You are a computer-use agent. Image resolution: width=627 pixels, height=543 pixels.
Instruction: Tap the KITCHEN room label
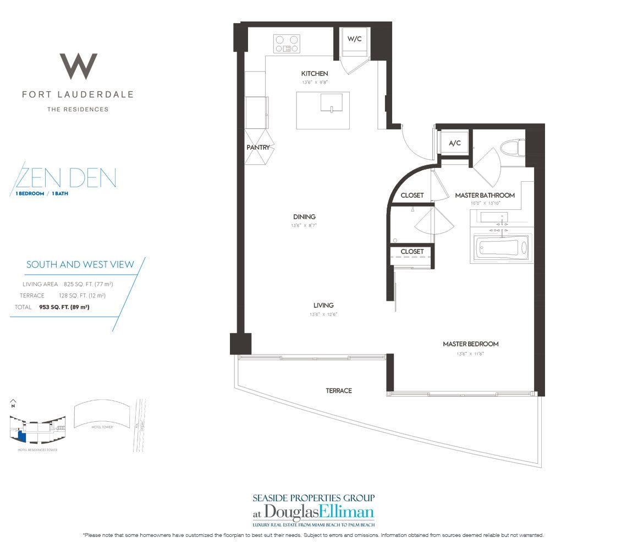(x=314, y=73)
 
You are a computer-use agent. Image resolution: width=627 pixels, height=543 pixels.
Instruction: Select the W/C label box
(x=353, y=39)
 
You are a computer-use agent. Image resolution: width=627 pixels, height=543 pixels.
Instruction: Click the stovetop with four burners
(x=287, y=43)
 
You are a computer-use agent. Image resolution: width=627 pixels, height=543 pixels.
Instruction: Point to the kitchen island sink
(x=332, y=103)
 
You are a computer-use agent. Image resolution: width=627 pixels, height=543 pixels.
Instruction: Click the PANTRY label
(x=258, y=147)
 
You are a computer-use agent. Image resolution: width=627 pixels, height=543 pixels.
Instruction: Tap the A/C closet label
(x=454, y=143)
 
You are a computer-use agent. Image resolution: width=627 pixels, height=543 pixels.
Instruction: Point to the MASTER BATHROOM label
(x=485, y=195)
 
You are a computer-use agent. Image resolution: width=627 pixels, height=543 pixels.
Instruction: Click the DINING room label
(x=304, y=217)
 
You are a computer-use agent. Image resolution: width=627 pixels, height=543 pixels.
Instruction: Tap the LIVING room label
(x=323, y=305)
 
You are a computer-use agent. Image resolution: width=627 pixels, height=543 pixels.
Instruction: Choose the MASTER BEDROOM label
(x=470, y=344)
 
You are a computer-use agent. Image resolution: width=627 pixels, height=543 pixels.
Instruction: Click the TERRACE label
(x=338, y=390)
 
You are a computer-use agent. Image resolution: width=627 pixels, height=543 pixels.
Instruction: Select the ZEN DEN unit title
(x=66, y=178)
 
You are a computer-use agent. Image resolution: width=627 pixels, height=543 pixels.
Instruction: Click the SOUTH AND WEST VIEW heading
(x=80, y=264)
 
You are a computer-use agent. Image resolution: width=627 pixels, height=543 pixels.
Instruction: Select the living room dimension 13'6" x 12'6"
(x=323, y=314)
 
